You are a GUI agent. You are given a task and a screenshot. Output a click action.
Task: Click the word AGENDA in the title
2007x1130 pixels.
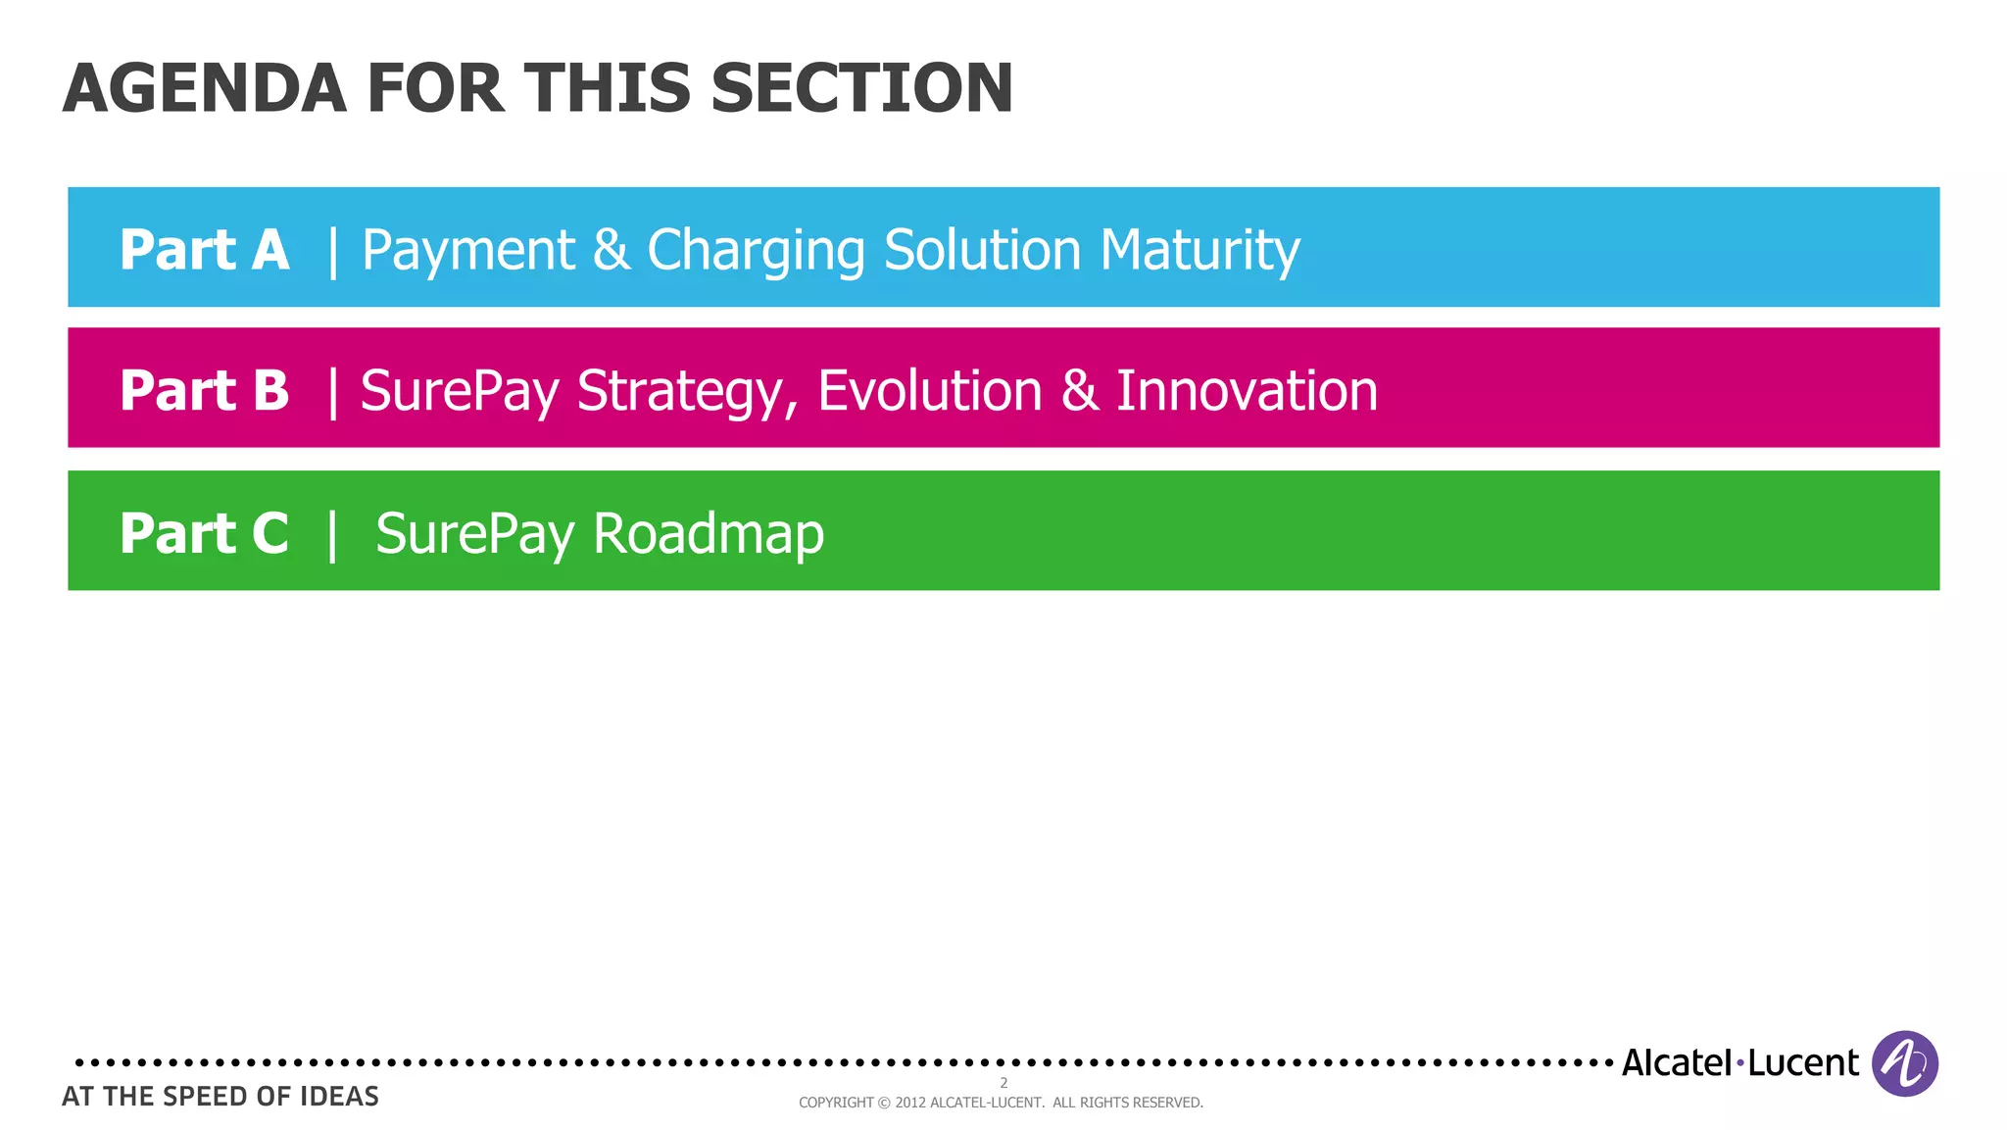205,89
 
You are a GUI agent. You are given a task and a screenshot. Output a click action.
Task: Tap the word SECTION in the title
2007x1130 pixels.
861,89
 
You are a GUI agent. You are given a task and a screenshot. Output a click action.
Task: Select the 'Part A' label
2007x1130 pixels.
204,250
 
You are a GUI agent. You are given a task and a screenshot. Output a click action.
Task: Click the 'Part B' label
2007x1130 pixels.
204,391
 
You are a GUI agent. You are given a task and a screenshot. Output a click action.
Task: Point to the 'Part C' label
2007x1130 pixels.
204,534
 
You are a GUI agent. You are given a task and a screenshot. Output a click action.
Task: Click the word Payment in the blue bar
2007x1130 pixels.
468,251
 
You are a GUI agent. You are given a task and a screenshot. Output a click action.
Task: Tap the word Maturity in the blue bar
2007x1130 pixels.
1199,251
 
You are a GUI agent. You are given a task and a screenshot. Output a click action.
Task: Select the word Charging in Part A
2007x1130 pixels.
756,251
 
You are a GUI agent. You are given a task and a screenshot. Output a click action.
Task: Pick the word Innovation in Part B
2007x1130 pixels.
1247,391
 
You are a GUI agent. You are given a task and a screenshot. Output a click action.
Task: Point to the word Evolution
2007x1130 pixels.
930,391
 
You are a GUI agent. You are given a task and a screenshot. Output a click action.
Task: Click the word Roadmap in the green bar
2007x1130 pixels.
709,535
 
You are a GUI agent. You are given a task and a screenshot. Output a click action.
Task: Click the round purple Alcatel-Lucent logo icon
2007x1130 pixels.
1904,1063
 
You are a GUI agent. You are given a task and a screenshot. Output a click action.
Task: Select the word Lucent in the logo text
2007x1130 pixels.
1803,1063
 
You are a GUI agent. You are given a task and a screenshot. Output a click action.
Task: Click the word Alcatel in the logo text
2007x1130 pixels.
1677,1063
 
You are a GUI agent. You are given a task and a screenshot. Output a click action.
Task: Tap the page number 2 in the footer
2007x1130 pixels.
1003,1083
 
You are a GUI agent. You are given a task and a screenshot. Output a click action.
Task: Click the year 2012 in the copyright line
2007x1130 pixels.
910,1103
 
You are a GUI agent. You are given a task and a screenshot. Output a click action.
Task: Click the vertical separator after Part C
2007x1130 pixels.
333,535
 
